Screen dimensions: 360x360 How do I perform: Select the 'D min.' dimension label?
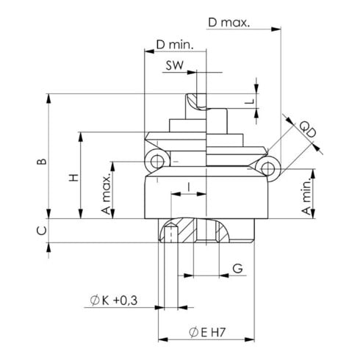pos(175,46)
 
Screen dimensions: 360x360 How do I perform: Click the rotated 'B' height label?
pos(42,159)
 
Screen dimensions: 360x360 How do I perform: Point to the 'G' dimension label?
pos(237,268)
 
